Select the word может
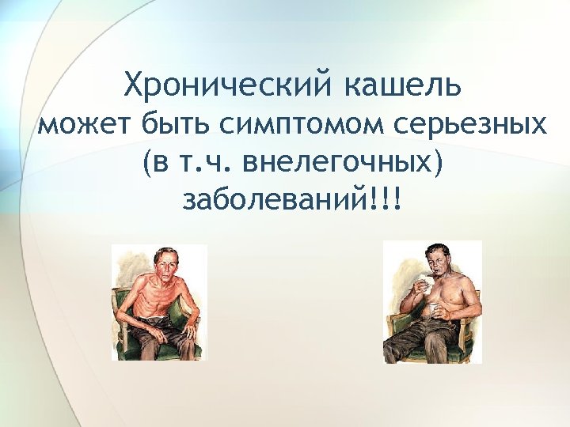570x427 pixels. pyautogui.click(x=85, y=124)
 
